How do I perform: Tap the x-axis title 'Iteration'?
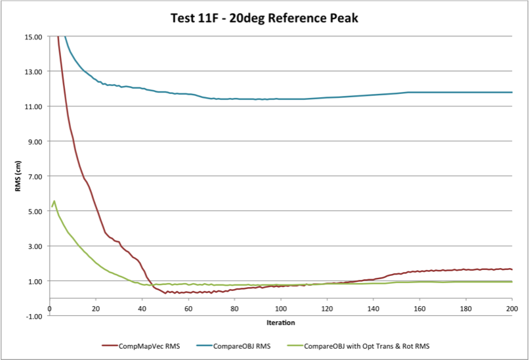tap(281, 323)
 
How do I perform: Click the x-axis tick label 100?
tap(281, 309)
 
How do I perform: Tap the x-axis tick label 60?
tap(188, 309)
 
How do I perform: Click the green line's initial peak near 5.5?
tap(54, 201)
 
